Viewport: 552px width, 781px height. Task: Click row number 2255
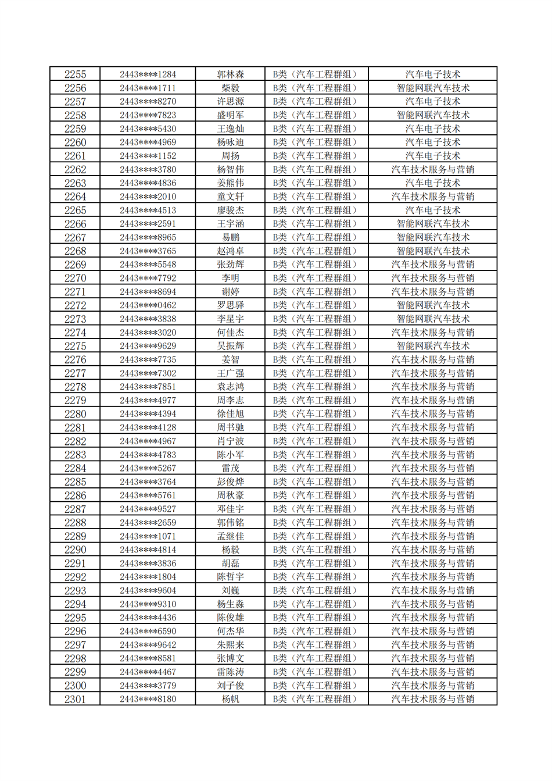(75, 74)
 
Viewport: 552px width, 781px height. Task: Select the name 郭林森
(230, 74)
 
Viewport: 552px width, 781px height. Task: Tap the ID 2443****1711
(148, 88)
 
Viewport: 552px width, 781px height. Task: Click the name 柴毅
(230, 88)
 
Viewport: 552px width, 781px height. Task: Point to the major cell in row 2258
(432, 115)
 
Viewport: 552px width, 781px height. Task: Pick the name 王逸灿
(230, 129)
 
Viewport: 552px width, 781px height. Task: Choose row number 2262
(75, 170)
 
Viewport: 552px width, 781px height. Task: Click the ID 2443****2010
(148, 197)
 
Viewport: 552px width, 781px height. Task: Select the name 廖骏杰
(230, 211)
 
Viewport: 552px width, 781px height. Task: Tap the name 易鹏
(230, 237)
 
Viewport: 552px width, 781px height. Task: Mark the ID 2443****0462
(148, 305)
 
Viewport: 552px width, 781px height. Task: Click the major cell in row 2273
(432, 319)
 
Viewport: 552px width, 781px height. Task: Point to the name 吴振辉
(230, 346)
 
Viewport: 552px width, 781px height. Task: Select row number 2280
(75, 414)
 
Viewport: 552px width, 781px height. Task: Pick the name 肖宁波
(230, 441)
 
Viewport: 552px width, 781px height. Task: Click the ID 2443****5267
(148, 468)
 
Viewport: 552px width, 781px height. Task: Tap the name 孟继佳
(230, 536)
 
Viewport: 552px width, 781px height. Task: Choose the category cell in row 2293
(316, 590)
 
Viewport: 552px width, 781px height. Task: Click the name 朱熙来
(230, 645)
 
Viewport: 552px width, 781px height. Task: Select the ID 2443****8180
(148, 699)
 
